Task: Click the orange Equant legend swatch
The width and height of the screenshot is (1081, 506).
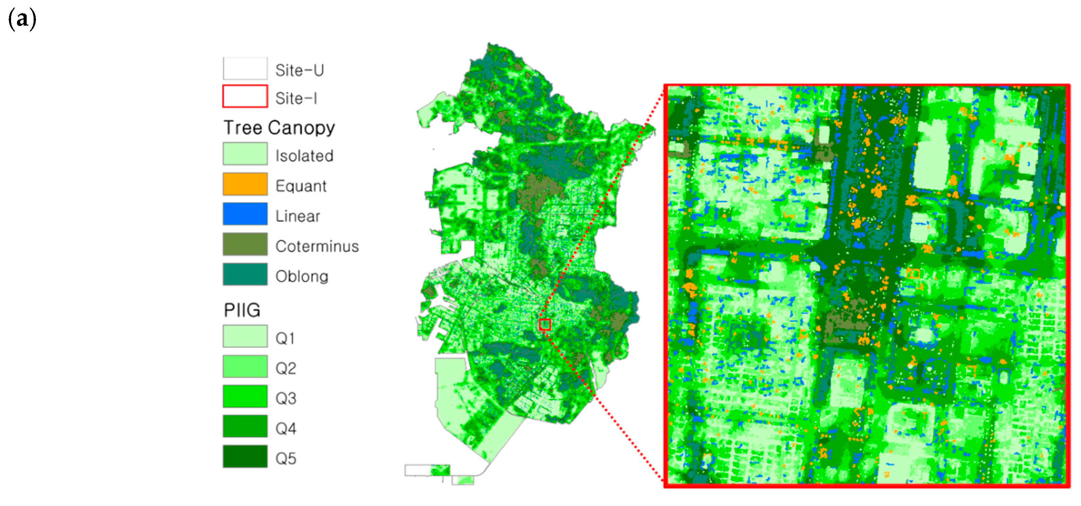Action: (x=245, y=184)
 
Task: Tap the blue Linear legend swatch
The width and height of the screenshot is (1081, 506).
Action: (x=245, y=214)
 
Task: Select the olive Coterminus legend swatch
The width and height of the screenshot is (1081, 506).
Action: (x=245, y=244)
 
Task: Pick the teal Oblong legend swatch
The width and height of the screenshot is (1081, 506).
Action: (x=245, y=274)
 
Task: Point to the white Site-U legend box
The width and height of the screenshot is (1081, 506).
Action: (x=245, y=68)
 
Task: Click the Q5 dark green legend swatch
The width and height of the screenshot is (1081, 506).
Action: (x=245, y=456)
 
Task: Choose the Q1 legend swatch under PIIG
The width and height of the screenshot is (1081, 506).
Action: (x=245, y=336)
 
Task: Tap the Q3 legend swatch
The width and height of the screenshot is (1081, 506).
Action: (x=245, y=396)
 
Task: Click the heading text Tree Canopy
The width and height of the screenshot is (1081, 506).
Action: (x=279, y=127)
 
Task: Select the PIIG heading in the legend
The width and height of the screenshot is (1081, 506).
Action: (x=242, y=310)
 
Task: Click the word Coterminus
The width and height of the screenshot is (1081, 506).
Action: (x=317, y=246)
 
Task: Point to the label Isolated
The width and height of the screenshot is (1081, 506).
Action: (x=304, y=156)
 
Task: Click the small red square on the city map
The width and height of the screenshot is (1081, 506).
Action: (x=545, y=325)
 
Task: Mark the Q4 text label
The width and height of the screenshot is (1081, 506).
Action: (x=286, y=428)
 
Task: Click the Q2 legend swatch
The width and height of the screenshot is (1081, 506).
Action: (x=245, y=366)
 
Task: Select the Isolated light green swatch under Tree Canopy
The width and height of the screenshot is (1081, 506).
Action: (x=245, y=153)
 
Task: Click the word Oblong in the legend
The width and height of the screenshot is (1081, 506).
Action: (x=302, y=276)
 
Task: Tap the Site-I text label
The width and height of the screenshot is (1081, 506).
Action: (x=296, y=99)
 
